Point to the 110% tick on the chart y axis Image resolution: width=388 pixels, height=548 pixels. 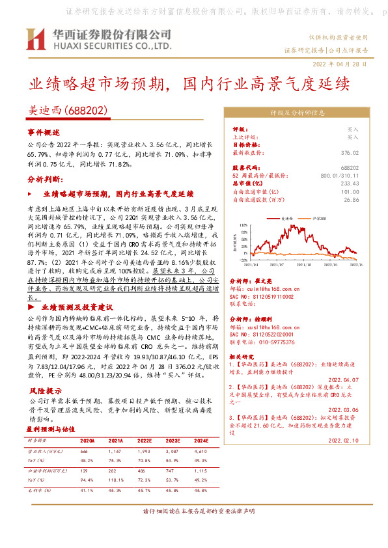244,226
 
